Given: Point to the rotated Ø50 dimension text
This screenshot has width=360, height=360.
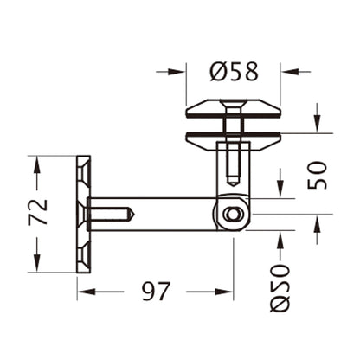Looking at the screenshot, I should pyautogui.click(x=279, y=286).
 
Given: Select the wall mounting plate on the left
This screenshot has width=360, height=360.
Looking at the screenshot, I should pyautogui.click(x=84, y=214).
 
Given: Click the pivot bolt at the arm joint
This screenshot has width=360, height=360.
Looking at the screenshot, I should pyautogui.click(x=231, y=215).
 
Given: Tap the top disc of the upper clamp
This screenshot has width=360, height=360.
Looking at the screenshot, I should pyautogui.click(x=235, y=110).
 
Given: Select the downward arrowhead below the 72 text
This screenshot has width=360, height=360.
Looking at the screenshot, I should pyautogui.click(x=37, y=264).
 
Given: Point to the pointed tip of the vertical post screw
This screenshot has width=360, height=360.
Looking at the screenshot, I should pyautogui.click(x=231, y=187).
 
